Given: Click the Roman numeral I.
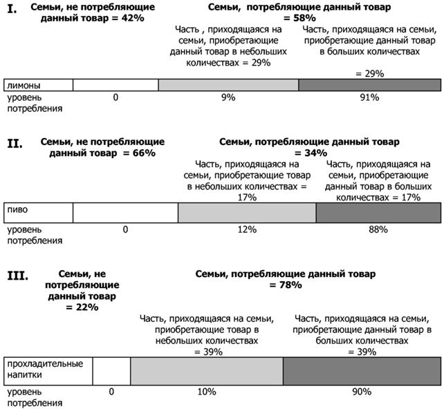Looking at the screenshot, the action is point(12,10).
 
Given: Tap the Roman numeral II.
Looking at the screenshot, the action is point(15,144).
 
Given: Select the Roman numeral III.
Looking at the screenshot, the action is point(17,276).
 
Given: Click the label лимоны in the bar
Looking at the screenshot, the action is point(24,85).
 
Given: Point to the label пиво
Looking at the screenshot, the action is point(17,210).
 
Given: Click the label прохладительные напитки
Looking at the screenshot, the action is point(45,369).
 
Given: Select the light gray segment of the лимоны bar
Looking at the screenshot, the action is point(228,85).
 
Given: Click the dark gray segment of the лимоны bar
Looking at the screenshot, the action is point(369,85).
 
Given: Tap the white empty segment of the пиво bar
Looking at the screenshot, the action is point(125,213).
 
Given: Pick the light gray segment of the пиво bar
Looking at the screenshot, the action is point(247,213).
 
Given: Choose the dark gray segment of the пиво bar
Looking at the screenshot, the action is point(378,213).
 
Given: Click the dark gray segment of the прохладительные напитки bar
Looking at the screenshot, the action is point(362,371).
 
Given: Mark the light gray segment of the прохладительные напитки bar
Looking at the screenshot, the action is point(207,371).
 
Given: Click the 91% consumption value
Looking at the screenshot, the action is point(369,97).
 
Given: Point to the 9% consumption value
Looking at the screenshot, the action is point(228,97).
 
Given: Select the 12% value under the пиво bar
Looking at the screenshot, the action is point(247,229).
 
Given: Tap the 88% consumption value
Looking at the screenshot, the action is point(378,229).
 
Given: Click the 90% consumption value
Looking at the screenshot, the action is point(362,392).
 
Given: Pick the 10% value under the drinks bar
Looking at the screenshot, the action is point(207,392).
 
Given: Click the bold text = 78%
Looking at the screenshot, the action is point(286,285).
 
